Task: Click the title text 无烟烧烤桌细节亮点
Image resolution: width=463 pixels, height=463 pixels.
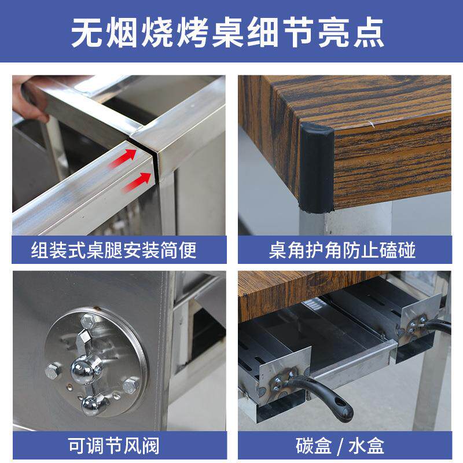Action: click(231, 34)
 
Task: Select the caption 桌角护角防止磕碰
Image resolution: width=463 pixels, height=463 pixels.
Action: click(343, 250)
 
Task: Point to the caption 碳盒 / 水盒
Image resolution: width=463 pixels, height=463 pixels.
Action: click(343, 446)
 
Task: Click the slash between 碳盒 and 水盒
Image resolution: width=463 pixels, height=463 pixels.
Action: click(343, 446)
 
